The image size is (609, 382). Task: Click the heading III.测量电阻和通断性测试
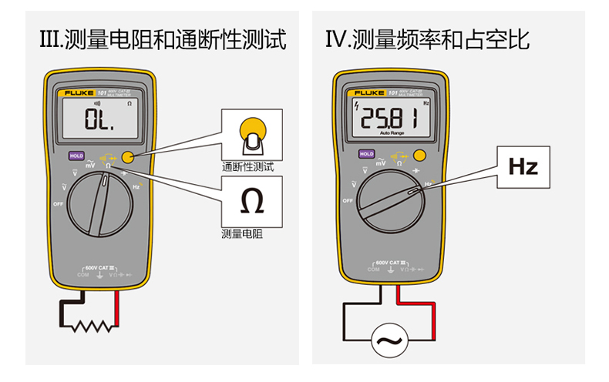coord(163,39)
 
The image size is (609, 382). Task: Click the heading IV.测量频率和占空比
coord(428,39)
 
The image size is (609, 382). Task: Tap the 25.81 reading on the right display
coord(390,119)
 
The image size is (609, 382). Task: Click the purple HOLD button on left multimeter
coord(76,155)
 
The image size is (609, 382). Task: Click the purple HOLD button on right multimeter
coord(366,154)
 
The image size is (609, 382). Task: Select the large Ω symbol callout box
coord(251,200)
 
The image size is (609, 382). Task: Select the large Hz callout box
coord(522,167)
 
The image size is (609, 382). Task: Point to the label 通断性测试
coord(247,166)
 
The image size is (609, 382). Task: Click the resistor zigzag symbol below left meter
coord(92,327)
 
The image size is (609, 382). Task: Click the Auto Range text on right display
coord(392,133)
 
